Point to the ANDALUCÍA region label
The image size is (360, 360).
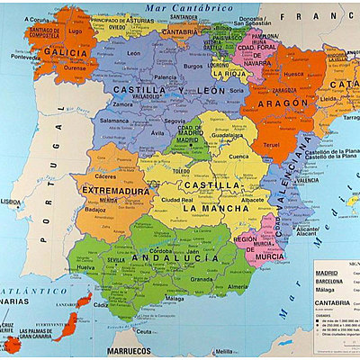pos(175,258)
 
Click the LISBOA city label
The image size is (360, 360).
pos(11,202)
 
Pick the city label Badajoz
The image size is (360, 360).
pos(94,210)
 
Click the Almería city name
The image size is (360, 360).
pos(237,286)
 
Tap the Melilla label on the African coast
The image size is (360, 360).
pos(226,351)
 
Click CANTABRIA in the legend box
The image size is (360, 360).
pos(334,302)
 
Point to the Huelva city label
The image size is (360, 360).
pos(86,267)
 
